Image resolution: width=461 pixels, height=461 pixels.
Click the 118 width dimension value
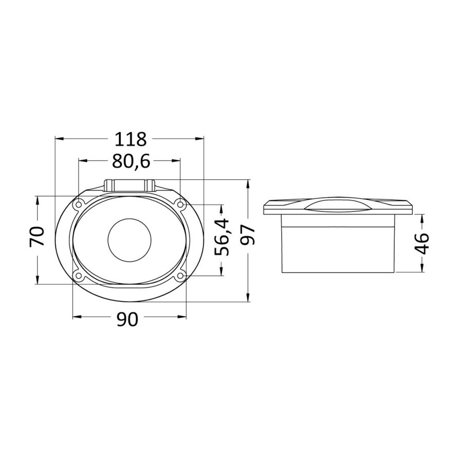click(x=130, y=139)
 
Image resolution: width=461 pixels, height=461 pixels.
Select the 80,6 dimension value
click(x=131, y=161)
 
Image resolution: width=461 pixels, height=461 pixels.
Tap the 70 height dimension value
click(x=37, y=236)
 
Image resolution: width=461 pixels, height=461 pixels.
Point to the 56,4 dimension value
click(x=222, y=237)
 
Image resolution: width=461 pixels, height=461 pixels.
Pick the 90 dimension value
click(x=127, y=320)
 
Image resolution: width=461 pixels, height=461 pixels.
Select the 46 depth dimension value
click(x=422, y=243)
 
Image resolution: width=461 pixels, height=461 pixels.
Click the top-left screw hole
click(x=79, y=204)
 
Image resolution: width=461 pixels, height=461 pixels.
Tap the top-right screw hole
click(x=180, y=204)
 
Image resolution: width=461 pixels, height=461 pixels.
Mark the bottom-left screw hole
click(x=79, y=275)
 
